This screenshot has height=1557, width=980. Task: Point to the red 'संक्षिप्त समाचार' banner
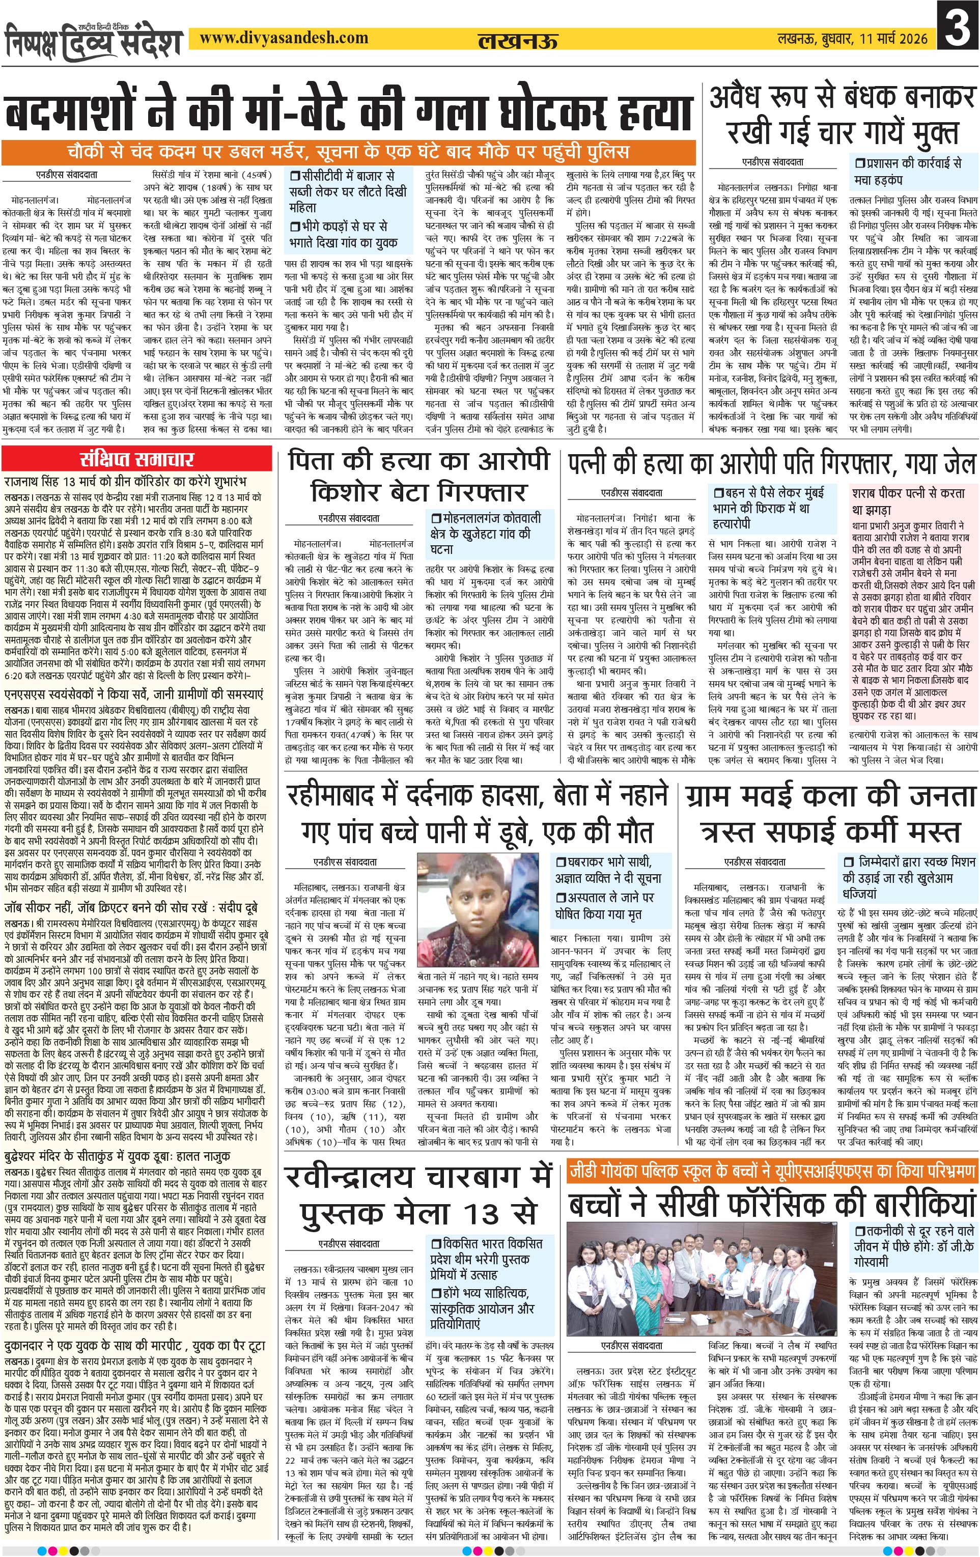click(137, 460)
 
